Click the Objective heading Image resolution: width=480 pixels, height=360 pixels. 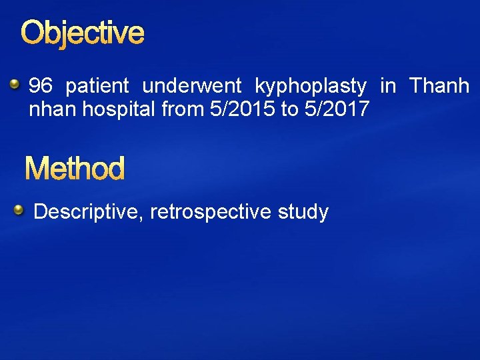(82, 33)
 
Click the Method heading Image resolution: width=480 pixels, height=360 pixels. (75, 169)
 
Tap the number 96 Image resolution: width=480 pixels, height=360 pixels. (41, 86)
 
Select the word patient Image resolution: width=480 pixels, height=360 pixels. (97, 86)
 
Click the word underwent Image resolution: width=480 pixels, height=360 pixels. (192, 86)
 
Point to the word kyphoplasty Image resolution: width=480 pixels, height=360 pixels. (311, 87)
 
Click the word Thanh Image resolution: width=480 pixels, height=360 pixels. (439, 86)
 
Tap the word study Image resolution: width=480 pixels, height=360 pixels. (303, 213)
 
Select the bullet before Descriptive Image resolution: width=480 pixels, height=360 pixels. (20, 211)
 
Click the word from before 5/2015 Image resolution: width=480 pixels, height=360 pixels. (182, 109)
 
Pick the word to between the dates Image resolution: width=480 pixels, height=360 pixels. (289, 109)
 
